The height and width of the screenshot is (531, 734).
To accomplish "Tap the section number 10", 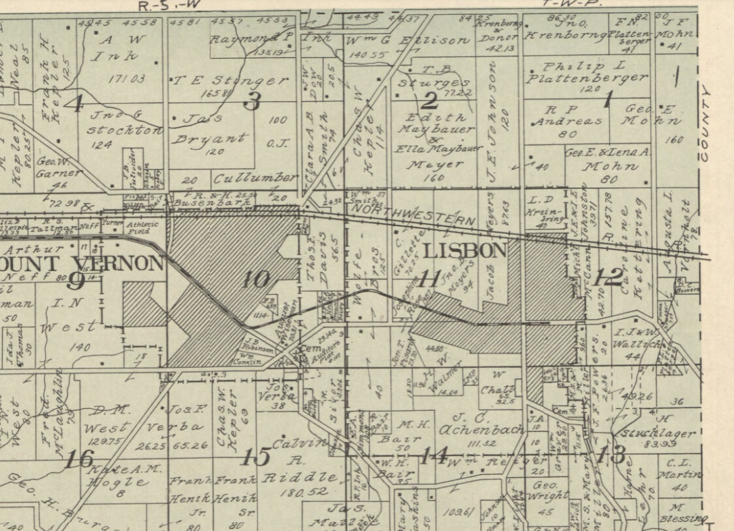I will click(x=256, y=279).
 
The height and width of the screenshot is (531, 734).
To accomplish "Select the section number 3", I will click(x=253, y=101).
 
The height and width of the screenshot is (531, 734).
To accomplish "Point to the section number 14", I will click(x=432, y=456).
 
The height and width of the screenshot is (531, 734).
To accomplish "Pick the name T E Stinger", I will click(x=230, y=81).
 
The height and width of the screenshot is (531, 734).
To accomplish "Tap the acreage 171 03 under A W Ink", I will click(x=128, y=79).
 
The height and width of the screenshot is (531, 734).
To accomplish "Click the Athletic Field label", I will click(x=142, y=227).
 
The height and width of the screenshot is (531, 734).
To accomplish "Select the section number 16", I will click(x=78, y=460).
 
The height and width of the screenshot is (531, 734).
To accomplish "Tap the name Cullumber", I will click(x=255, y=179).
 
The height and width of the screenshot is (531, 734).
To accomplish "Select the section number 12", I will click(x=610, y=277).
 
